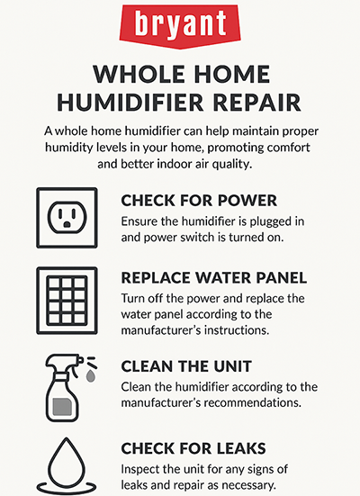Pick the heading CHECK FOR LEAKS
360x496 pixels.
198,447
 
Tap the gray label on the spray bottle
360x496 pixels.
61,405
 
